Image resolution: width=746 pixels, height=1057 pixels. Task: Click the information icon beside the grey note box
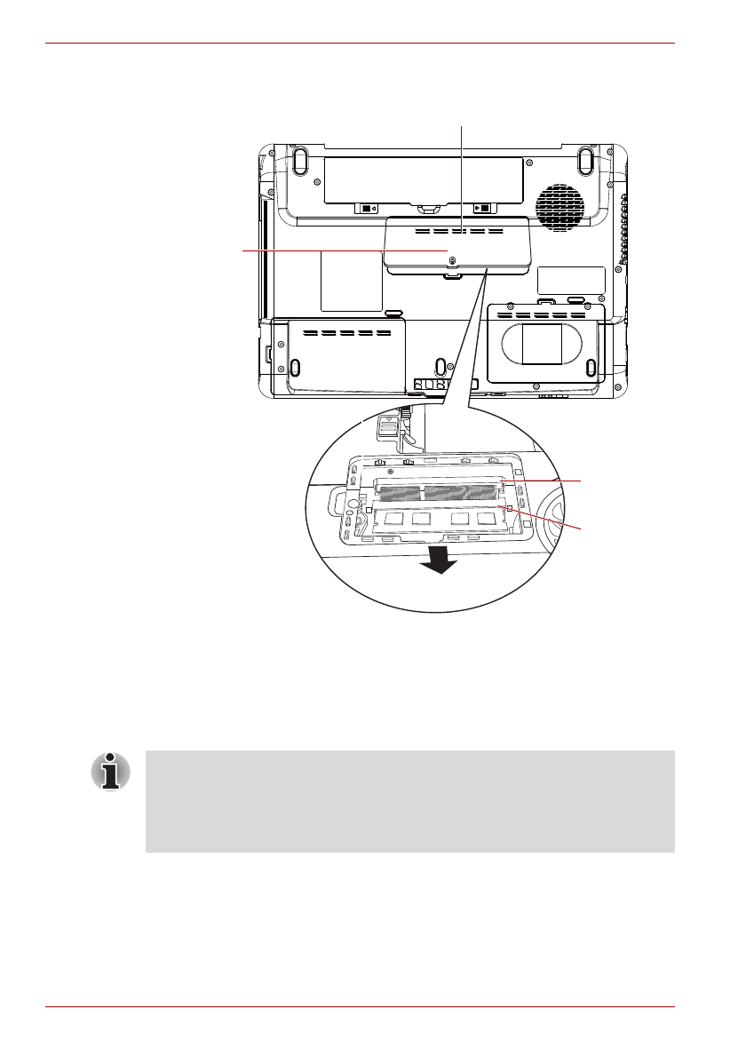pyautogui.click(x=110, y=771)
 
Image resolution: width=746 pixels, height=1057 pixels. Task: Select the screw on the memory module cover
pyautogui.click(x=453, y=260)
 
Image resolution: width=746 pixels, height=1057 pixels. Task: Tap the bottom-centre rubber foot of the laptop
pyautogui.click(x=440, y=367)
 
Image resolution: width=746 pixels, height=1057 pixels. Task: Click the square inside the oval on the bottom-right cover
pyautogui.click(x=542, y=343)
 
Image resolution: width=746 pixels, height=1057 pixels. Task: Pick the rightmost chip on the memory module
pyautogui.click(x=485, y=518)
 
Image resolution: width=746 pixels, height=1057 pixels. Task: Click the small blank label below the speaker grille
pyautogui.click(x=571, y=280)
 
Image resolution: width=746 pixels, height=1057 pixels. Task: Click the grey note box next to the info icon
pyautogui.click(x=409, y=801)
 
